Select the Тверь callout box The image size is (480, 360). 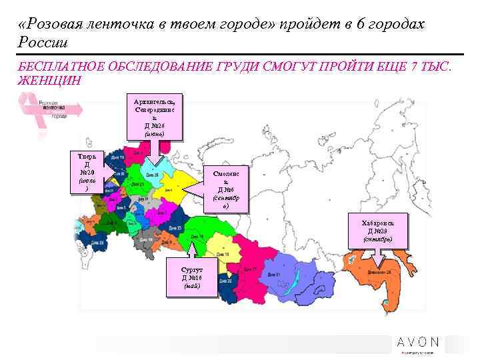coord(87,172)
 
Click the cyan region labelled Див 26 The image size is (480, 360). coord(152,175)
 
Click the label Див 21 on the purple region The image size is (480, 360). coord(274,274)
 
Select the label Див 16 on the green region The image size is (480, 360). coord(197,237)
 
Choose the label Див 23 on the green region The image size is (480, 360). coord(138,185)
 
